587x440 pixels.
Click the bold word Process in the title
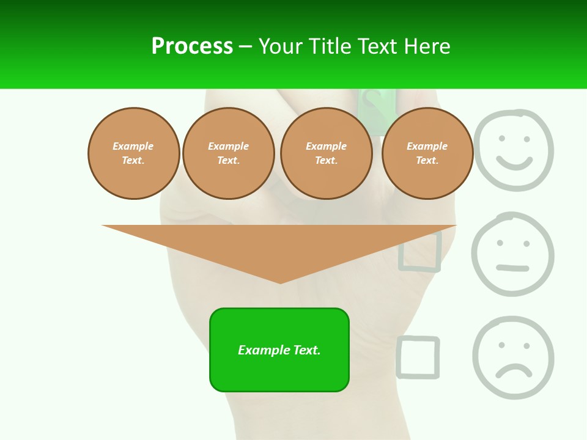192,46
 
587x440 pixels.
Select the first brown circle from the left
133,153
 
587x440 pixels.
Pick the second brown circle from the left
228,153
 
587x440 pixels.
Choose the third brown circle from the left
326,153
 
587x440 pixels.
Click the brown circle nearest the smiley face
427,153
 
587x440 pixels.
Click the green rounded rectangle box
279,350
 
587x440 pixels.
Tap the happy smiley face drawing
514,150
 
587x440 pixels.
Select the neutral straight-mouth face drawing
512,254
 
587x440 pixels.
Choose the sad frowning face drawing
513,358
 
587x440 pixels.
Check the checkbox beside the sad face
418,357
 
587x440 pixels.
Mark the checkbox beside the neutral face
420,251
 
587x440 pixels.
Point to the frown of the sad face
514,370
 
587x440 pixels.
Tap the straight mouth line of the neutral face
512,268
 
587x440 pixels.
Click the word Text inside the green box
306,350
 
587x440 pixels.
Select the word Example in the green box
263,350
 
